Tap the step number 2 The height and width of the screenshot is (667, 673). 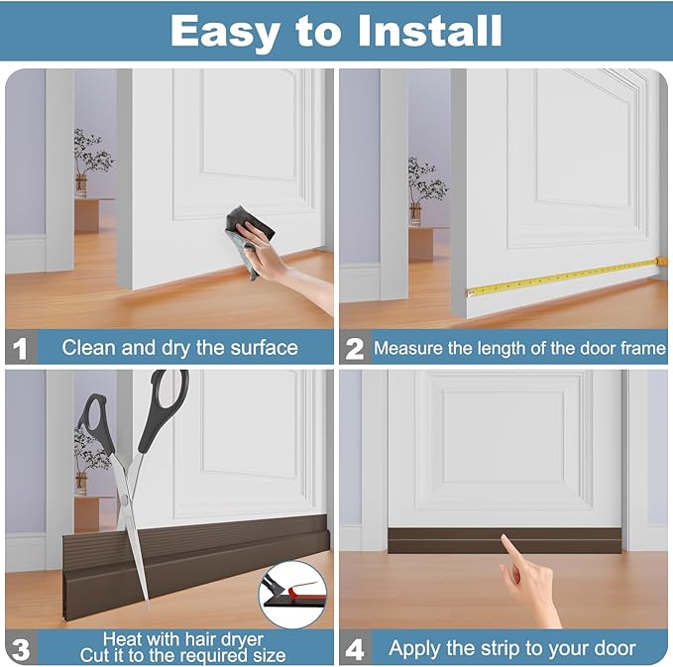[354, 348]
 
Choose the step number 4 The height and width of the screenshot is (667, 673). [354, 648]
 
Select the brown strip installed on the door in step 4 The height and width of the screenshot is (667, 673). [505, 539]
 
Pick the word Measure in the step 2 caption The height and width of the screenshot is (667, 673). [407, 348]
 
